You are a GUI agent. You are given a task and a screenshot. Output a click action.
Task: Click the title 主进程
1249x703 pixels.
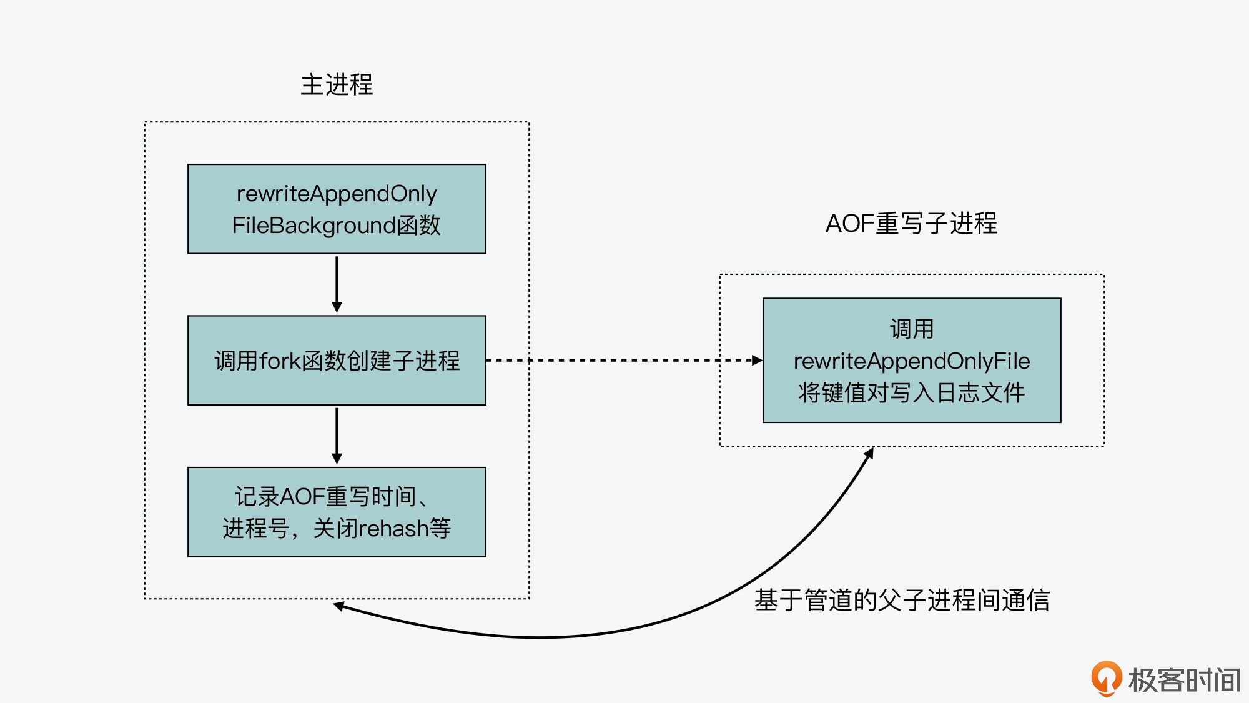coord(337,85)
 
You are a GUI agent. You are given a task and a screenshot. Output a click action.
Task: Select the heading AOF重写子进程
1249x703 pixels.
coord(911,224)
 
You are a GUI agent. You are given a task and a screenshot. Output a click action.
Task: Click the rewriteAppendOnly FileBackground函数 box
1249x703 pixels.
coord(337,209)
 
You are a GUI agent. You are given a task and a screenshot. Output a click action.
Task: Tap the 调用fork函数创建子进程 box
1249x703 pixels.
coord(337,361)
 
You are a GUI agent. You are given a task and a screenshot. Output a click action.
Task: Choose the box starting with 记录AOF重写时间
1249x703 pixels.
coord(337,512)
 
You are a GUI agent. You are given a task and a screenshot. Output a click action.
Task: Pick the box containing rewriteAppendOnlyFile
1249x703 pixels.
coord(912,361)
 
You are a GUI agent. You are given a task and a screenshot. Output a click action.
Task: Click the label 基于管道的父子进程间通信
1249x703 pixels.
coord(902,600)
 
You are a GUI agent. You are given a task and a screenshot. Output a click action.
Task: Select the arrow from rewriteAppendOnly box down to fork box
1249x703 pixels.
coord(337,284)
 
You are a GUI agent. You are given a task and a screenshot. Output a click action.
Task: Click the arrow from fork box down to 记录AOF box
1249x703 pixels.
coord(337,436)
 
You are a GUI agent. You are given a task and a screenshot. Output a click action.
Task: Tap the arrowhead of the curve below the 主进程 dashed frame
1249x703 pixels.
coord(339,605)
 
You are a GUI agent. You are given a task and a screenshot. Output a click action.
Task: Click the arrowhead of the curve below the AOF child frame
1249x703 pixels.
coord(869,452)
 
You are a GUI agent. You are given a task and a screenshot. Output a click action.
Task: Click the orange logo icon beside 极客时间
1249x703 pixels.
coord(1106,678)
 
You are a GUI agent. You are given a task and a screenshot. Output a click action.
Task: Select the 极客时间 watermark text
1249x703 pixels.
coord(1184,680)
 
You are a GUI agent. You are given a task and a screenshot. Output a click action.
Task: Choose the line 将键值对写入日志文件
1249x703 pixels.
coord(912,393)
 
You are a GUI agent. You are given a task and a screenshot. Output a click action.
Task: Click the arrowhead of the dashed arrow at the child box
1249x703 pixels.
coord(757,361)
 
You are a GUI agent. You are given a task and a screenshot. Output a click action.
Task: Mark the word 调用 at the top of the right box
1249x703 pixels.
coord(912,329)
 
